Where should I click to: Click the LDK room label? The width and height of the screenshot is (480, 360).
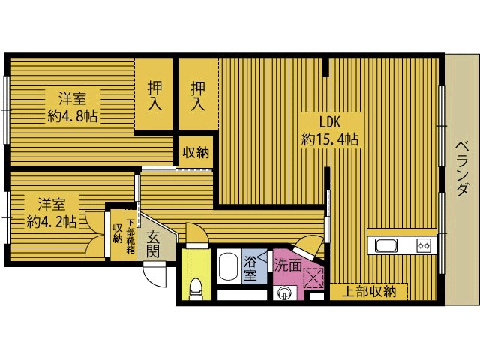(330, 122)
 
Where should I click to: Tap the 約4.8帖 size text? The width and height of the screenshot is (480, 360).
(72, 116)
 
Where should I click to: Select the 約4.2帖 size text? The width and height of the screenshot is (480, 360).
(51, 221)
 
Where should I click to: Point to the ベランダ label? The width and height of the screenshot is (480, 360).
(462, 168)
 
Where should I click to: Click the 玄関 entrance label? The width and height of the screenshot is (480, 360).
(152, 244)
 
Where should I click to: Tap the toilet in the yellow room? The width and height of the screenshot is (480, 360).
(196, 288)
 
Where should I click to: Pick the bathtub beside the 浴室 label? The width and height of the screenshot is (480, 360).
(229, 266)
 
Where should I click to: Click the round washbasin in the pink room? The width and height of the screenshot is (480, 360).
(283, 293)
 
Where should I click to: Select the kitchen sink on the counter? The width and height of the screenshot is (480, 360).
(386, 246)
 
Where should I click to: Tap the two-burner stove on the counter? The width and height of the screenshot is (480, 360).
(423, 245)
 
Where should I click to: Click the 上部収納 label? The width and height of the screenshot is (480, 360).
(369, 292)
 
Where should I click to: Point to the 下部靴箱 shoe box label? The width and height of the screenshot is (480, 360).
(130, 236)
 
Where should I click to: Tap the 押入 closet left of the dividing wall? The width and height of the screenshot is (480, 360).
(154, 95)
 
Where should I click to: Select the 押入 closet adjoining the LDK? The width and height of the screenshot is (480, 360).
(198, 95)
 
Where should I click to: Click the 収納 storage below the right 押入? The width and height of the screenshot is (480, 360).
(196, 152)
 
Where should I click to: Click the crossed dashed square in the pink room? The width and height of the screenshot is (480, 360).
(313, 277)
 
